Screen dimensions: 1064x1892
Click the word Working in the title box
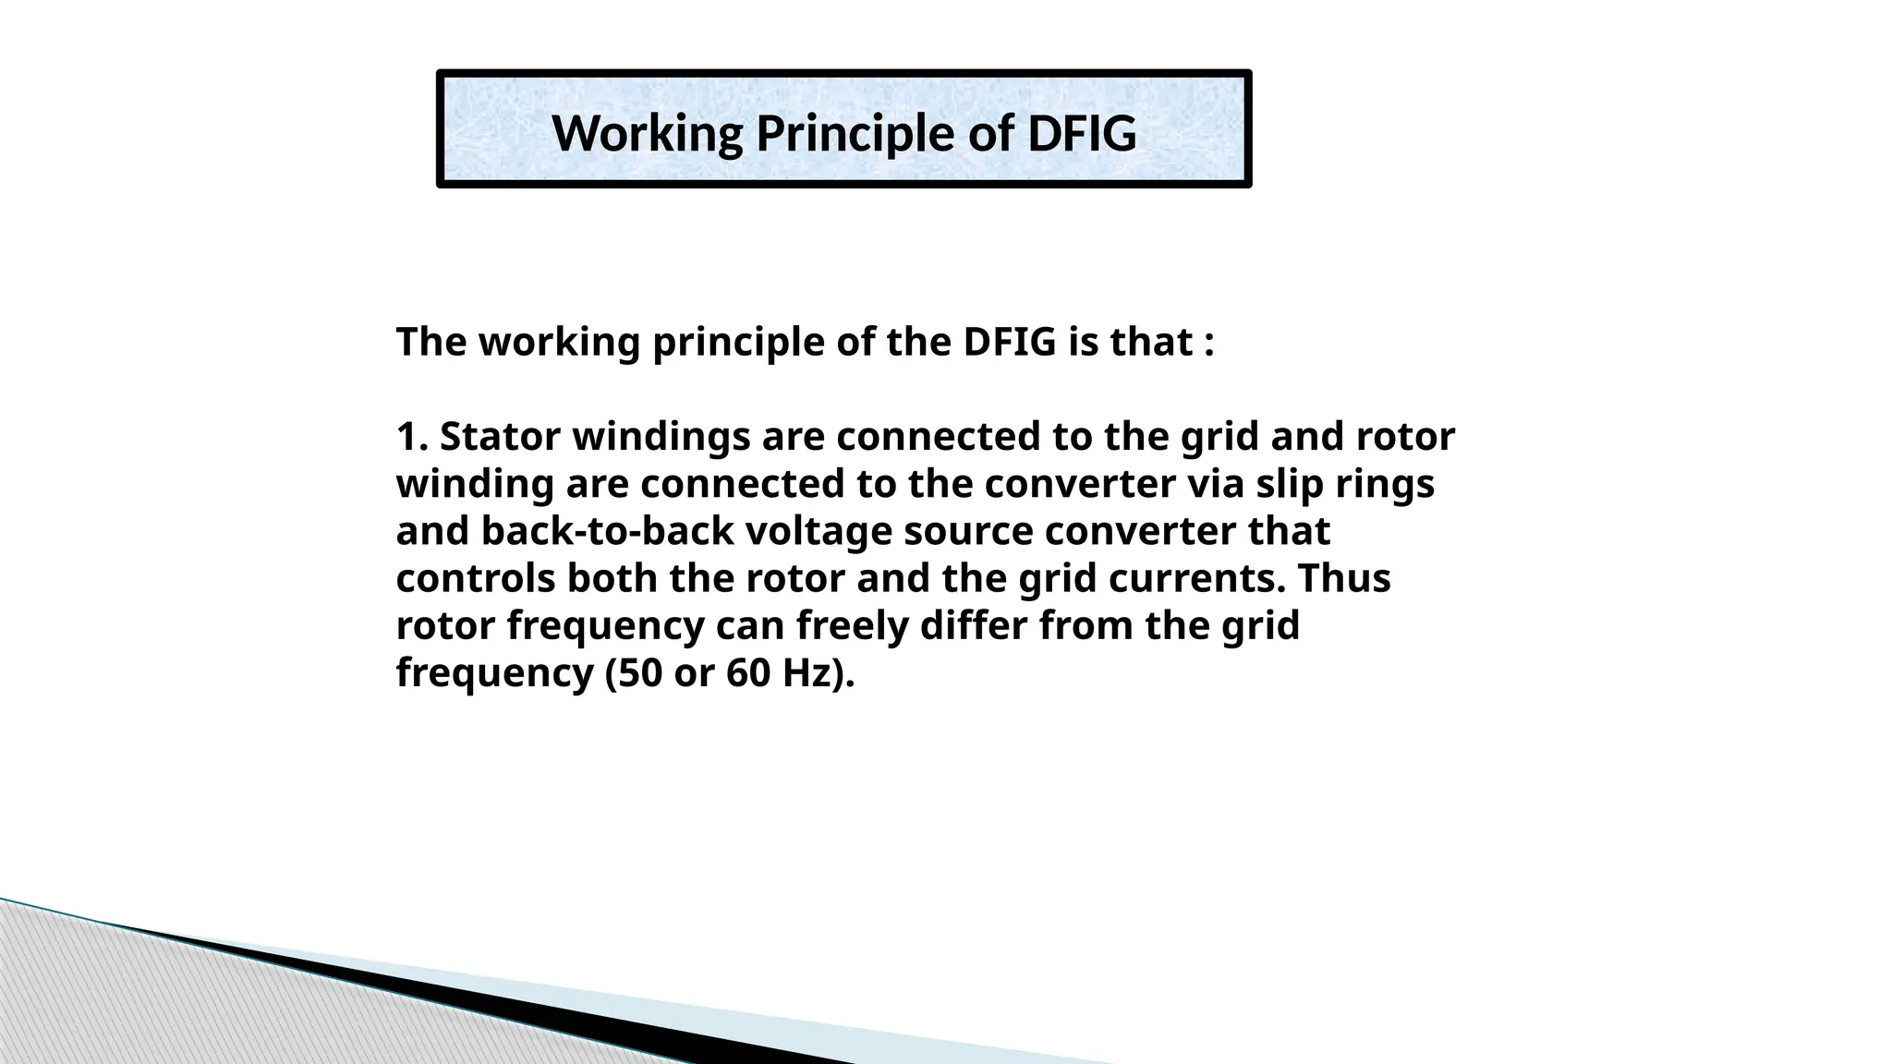(647, 133)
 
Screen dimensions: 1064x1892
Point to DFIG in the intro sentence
(1010, 342)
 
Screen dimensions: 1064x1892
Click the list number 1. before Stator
(412, 436)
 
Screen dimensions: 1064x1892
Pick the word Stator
(501, 436)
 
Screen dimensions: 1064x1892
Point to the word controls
(475, 578)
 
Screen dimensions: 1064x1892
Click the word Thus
(1344, 578)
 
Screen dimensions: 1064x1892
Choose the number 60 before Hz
(747, 672)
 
